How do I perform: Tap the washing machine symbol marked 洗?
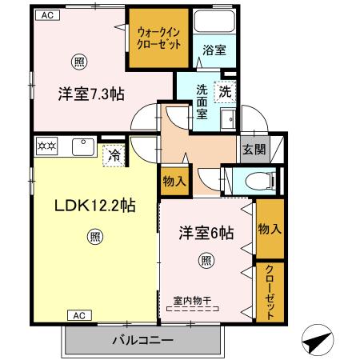[226, 91]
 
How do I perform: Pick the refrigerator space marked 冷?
[115, 154]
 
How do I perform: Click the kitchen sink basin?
[82, 146]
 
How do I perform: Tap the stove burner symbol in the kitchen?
[46, 146]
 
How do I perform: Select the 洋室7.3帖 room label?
[90, 92]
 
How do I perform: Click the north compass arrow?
[318, 341]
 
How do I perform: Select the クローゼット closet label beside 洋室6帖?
[270, 291]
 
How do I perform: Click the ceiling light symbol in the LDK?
[94, 237]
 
